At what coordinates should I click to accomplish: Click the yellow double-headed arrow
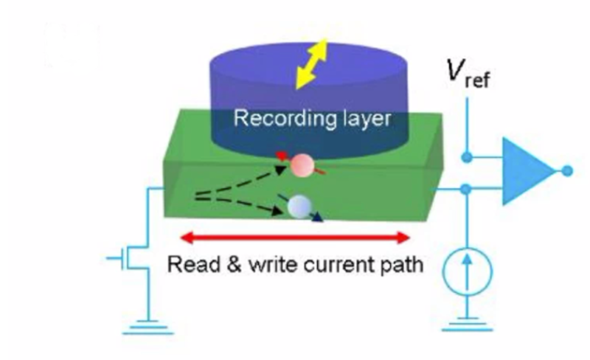point(311,65)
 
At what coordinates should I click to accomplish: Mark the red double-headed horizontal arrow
point(295,238)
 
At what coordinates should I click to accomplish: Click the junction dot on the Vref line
point(466,156)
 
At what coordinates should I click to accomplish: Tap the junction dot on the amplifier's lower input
point(466,190)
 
